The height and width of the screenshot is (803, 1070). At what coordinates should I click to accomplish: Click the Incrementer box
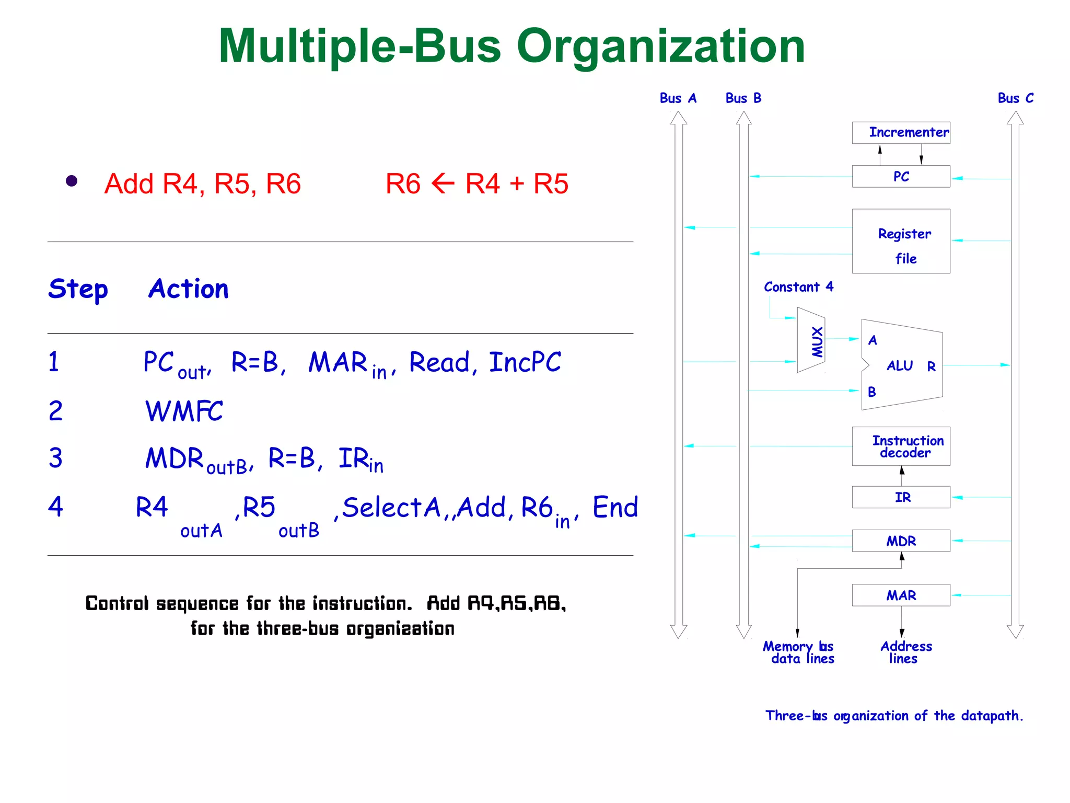click(x=901, y=133)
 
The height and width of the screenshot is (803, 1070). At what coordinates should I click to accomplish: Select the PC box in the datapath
click(x=901, y=177)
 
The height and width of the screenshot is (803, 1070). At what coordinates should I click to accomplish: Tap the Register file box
click(x=901, y=242)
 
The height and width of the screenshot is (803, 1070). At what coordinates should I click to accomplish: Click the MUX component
click(x=811, y=340)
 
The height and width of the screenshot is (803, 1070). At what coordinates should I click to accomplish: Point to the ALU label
click(x=899, y=366)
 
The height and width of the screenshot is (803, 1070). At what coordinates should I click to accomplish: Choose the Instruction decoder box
click(x=901, y=446)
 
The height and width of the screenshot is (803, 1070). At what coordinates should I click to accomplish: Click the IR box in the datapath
click(x=901, y=497)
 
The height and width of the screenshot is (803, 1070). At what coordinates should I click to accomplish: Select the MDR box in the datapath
click(x=901, y=541)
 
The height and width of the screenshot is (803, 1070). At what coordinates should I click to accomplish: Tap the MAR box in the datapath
click(x=901, y=595)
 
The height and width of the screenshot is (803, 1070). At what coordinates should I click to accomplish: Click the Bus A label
click(x=678, y=98)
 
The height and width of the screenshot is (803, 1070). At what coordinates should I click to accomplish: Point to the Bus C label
click(x=1015, y=98)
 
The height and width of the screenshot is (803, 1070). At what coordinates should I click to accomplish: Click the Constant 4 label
click(x=798, y=287)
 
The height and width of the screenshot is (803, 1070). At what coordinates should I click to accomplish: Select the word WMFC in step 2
click(x=184, y=411)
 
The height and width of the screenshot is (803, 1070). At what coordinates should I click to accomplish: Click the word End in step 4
click(x=615, y=507)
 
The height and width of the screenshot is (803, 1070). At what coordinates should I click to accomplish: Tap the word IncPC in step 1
click(x=525, y=362)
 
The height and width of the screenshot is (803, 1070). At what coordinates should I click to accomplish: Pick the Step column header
click(x=78, y=289)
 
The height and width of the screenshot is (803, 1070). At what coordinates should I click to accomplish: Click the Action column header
click(x=189, y=289)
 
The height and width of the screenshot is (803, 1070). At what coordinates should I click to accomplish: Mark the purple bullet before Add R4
click(x=72, y=181)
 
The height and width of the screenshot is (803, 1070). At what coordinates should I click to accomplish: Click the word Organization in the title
click(x=660, y=47)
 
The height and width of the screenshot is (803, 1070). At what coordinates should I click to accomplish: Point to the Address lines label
click(x=905, y=652)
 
